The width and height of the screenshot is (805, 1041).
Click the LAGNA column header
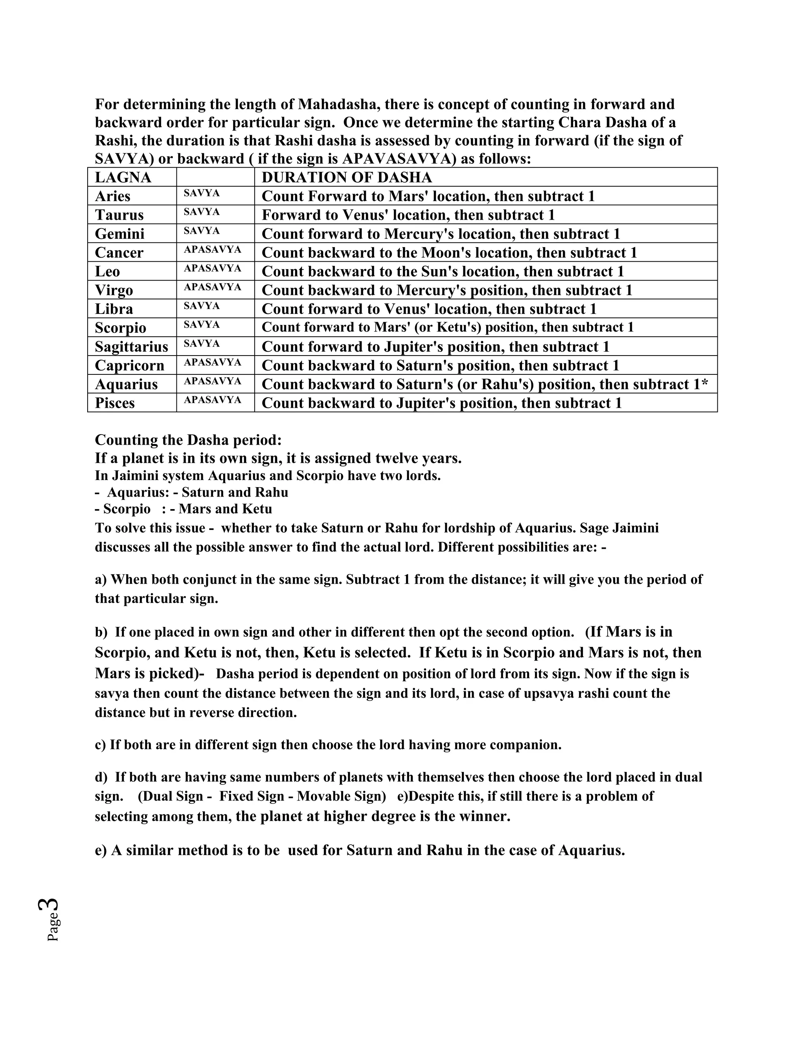[x=123, y=177]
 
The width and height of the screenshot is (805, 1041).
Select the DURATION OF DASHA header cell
[x=347, y=177]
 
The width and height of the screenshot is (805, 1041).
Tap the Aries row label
[x=112, y=196]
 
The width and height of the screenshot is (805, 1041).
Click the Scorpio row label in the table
[x=120, y=328]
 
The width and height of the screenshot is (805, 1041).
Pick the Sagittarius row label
[x=132, y=346]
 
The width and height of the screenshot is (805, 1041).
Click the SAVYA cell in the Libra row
[x=202, y=306]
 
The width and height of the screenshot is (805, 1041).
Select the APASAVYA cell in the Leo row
[x=212, y=268]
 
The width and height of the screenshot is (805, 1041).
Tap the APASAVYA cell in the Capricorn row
[x=212, y=362]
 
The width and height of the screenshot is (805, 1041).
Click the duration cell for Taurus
[x=408, y=215]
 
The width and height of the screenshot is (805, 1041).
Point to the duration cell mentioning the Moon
[x=449, y=253]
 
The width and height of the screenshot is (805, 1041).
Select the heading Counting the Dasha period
[x=188, y=440]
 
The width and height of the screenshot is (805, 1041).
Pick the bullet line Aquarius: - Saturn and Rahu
[x=192, y=492]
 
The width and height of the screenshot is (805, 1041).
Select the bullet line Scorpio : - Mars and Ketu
[x=184, y=509]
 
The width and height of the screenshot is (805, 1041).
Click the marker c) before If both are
[x=101, y=745]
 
